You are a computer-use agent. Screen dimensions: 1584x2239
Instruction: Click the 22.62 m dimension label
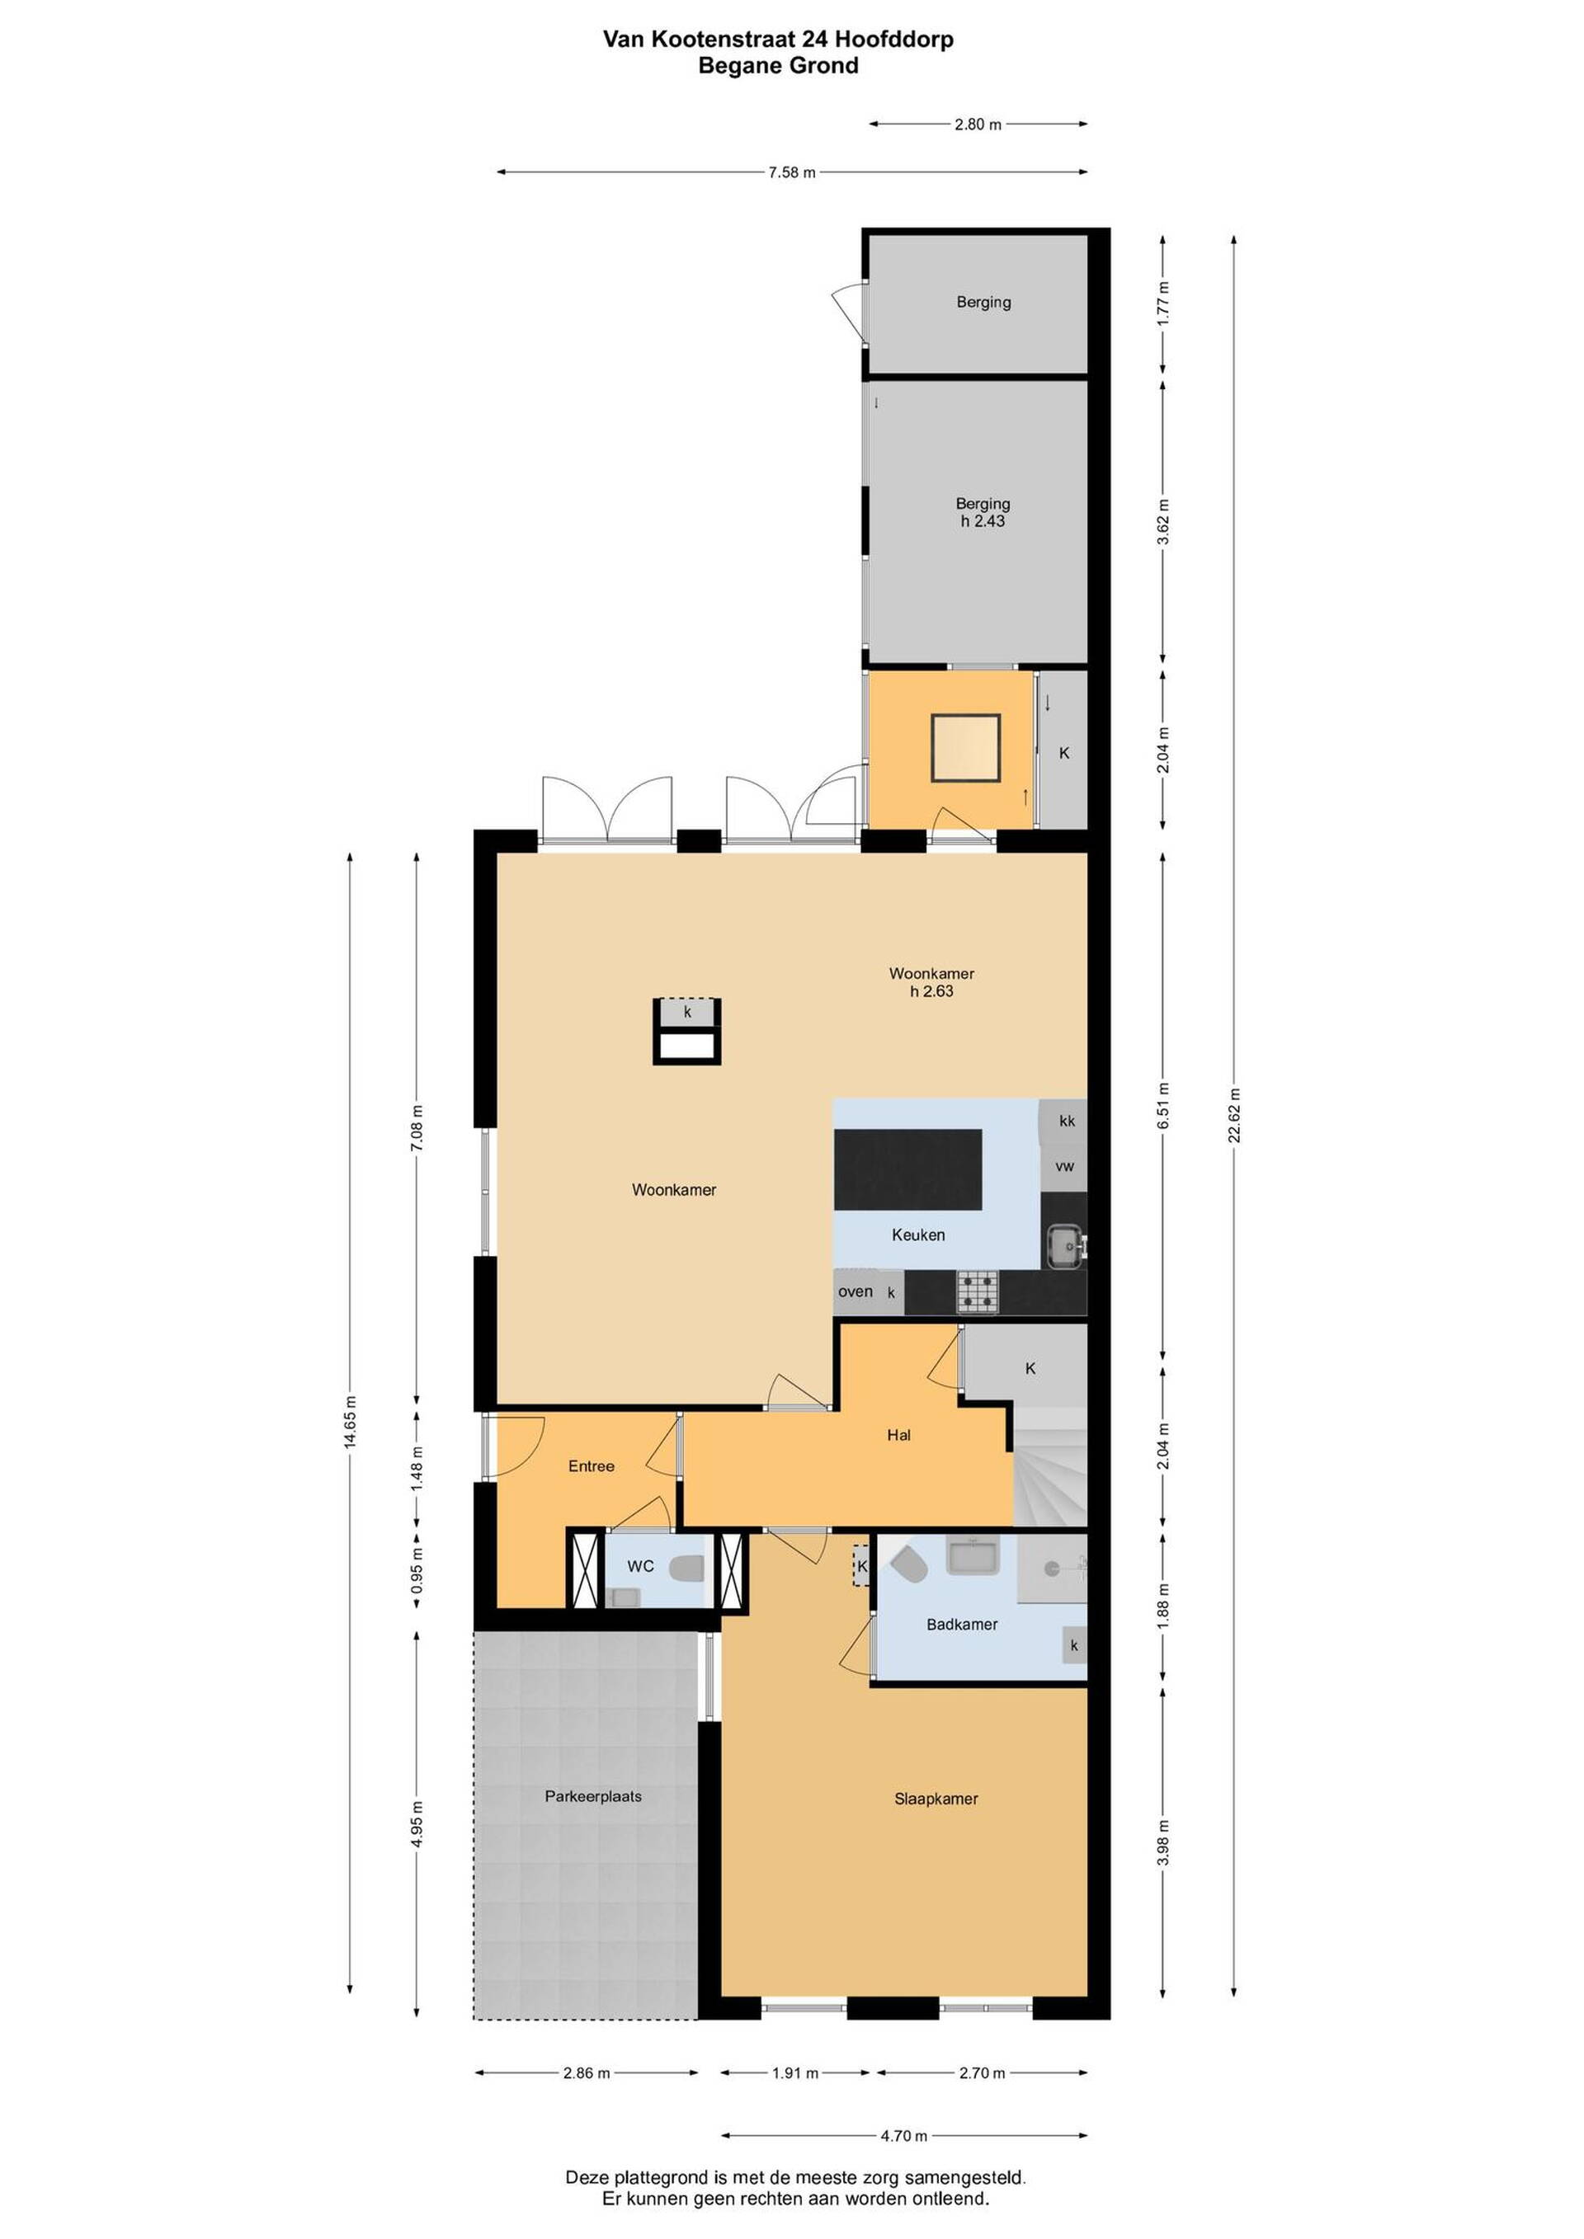(x=1234, y=1115)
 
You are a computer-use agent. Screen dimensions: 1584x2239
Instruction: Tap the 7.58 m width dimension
(x=792, y=172)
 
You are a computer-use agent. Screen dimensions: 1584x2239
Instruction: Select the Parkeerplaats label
(x=593, y=1795)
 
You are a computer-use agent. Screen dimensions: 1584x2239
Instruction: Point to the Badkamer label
(x=962, y=1624)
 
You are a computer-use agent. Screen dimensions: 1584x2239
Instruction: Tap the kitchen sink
(x=1065, y=1245)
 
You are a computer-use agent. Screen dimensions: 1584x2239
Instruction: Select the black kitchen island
(x=907, y=1170)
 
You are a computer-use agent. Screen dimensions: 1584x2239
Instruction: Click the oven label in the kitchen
(x=856, y=1291)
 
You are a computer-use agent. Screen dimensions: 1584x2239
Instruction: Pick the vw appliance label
(x=1064, y=1165)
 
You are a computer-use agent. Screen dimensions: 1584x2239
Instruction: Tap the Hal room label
(x=898, y=1434)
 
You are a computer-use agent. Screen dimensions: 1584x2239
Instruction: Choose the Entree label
(x=591, y=1465)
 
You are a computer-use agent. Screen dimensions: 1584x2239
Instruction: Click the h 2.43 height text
(x=983, y=520)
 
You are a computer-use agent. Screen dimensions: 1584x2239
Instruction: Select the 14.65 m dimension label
(x=350, y=1422)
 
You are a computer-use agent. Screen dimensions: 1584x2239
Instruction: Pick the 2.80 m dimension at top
(x=978, y=124)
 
